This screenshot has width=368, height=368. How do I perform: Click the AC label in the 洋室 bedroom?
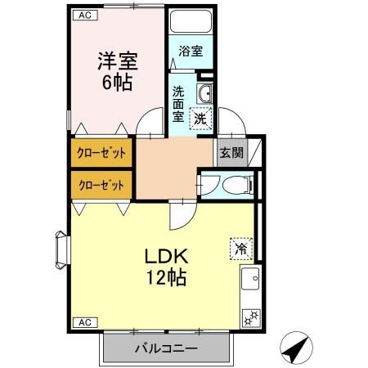[84, 15]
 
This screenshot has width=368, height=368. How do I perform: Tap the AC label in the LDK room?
[84, 322]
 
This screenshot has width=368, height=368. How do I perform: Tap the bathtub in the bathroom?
[190, 22]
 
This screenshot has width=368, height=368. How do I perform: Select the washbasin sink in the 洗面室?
[205, 93]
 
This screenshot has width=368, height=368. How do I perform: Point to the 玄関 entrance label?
[230, 152]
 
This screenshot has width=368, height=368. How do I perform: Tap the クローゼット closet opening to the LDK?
[101, 185]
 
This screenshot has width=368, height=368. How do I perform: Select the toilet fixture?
[240, 186]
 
